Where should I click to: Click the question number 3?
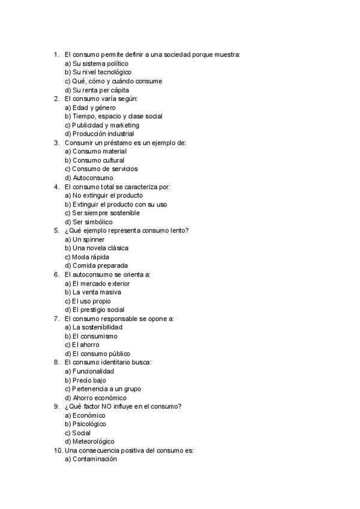pyautogui.click(x=56, y=143)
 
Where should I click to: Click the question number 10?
pyautogui.click(x=58, y=451)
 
